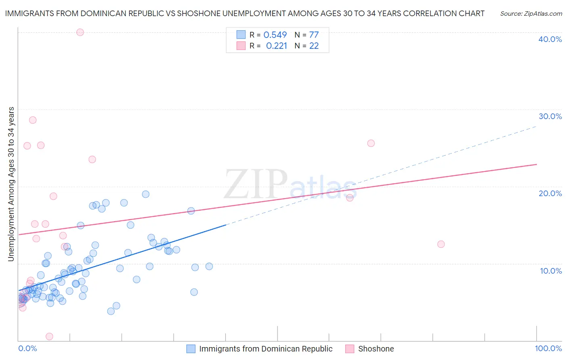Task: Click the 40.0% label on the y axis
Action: [x=550, y=39]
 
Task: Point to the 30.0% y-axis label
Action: [x=550, y=116]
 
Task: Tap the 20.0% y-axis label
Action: [x=550, y=193]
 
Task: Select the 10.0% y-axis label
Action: [x=551, y=271]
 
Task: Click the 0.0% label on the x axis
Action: [x=27, y=348]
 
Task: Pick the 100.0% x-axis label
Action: [x=548, y=348]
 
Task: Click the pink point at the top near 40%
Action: [x=80, y=32]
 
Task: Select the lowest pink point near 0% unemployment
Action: [x=49, y=337]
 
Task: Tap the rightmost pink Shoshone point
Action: [x=441, y=244]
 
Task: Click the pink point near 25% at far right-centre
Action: [x=371, y=143]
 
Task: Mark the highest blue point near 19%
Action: [x=146, y=194]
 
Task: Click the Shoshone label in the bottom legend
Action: [x=376, y=349]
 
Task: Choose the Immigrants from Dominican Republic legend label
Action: [x=266, y=349]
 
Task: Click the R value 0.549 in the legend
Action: [x=275, y=35]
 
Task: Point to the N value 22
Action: [x=314, y=46]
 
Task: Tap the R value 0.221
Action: [x=276, y=46]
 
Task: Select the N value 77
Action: [x=314, y=35]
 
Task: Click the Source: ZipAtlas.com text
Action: [x=531, y=14]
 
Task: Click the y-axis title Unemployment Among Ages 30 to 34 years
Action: [x=11, y=184]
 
